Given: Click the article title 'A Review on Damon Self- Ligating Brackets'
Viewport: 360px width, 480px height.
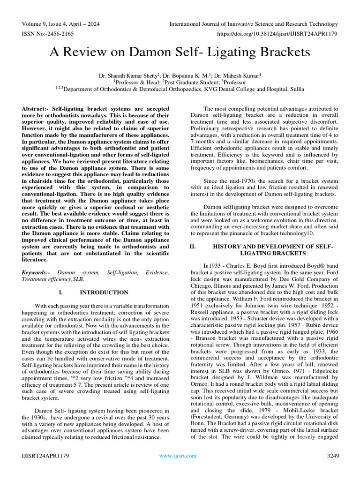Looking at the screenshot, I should (180, 52).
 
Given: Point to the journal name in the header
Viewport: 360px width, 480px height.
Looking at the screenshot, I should (253, 24).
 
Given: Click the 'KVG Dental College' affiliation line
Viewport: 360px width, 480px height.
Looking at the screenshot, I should (180, 89).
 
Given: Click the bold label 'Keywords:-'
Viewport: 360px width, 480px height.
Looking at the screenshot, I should (36, 272).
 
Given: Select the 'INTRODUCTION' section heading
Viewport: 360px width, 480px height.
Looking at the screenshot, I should (104, 292).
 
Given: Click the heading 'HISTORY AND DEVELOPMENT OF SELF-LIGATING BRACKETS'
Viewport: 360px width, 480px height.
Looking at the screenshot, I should (272, 250).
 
